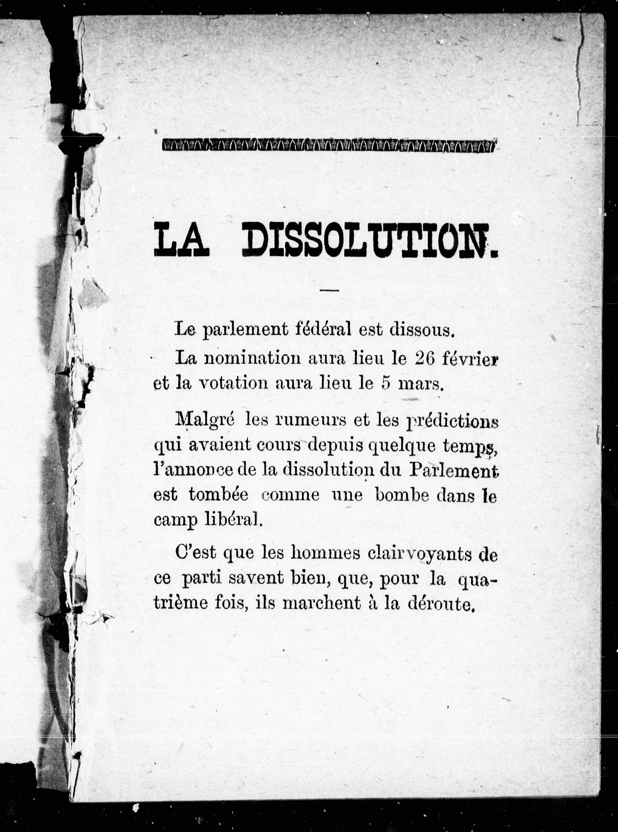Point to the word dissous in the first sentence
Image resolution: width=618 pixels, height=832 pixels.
pyautogui.click(x=421, y=330)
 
